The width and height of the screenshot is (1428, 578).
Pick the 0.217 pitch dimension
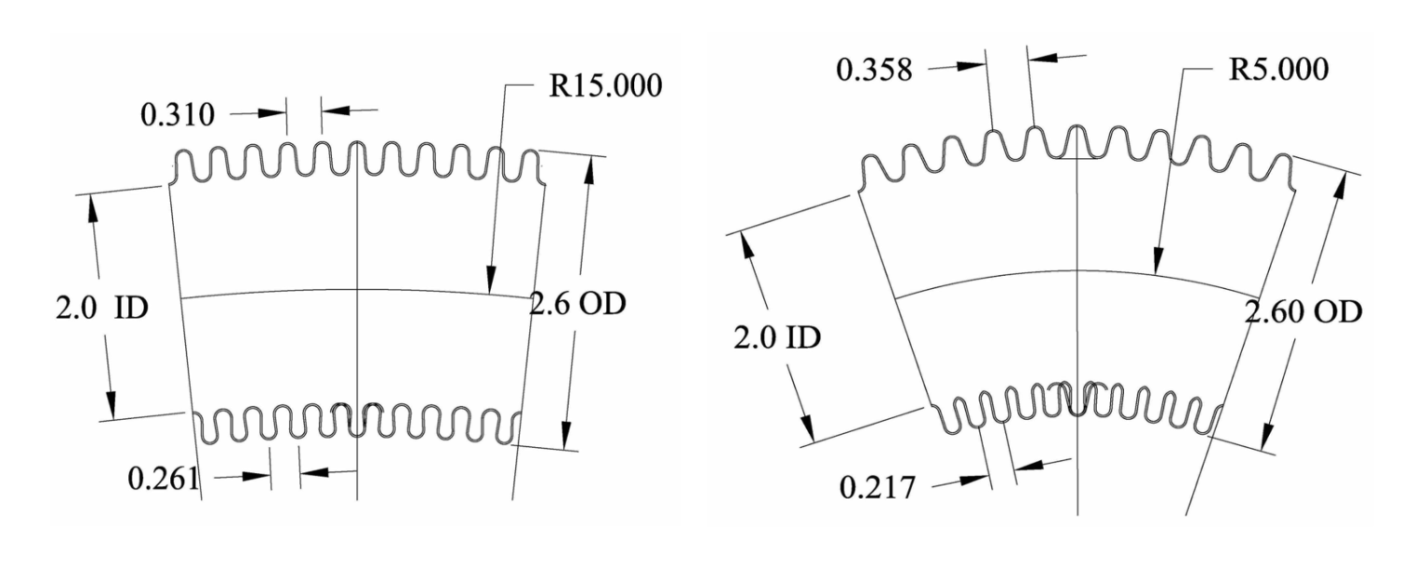coord(877,487)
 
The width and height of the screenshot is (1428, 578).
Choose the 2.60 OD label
coord(1303,312)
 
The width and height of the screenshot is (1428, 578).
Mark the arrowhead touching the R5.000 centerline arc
coord(1157,262)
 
